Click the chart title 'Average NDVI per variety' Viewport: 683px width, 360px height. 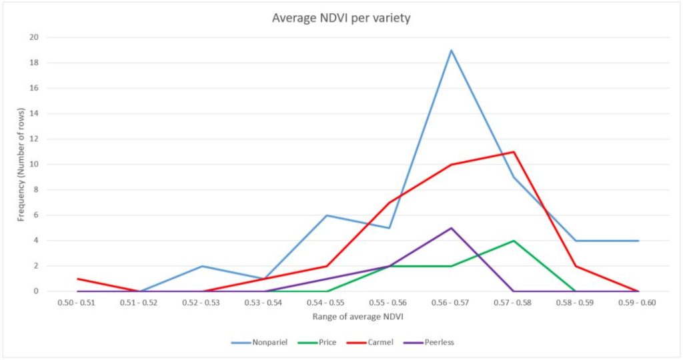(x=341, y=18)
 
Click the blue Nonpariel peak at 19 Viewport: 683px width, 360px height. (x=452, y=50)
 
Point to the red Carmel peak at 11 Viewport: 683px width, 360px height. (x=514, y=152)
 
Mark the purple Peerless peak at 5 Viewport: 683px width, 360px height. (x=452, y=228)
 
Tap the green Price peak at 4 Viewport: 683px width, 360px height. (x=514, y=241)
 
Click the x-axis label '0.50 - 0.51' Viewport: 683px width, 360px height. (x=77, y=303)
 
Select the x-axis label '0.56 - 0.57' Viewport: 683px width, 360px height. (x=452, y=303)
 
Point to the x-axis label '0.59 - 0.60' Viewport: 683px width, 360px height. (x=638, y=303)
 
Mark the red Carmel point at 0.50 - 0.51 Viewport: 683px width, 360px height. (x=77, y=279)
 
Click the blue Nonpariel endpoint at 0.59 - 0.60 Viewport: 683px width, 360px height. (x=638, y=241)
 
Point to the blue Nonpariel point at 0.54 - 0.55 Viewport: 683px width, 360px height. (x=327, y=215)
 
